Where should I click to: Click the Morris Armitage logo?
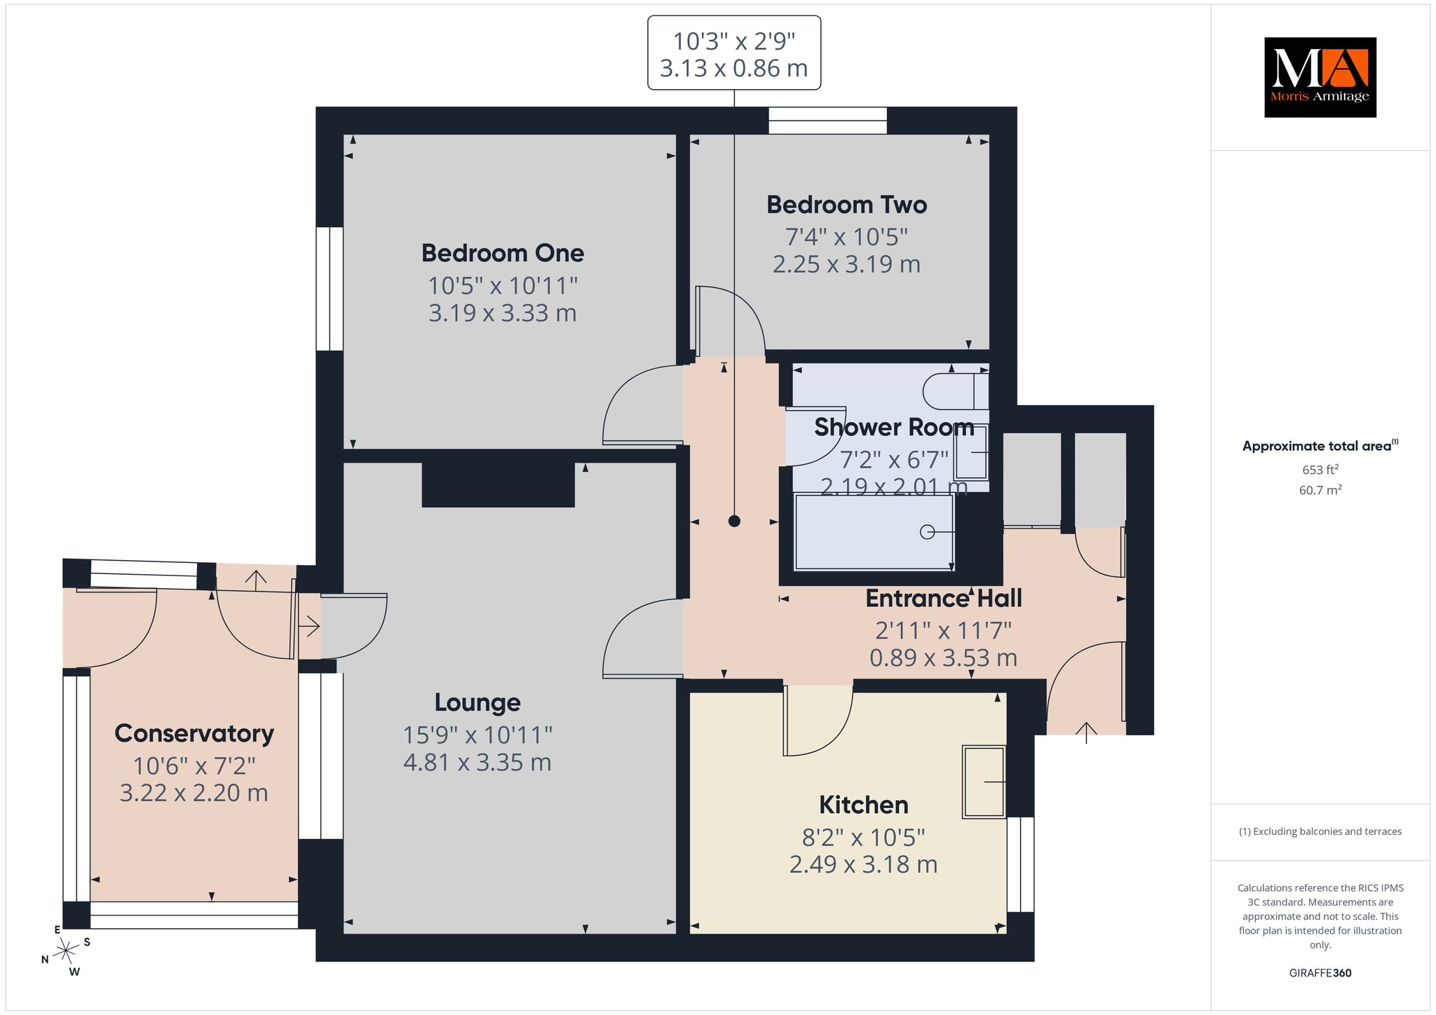[1320, 77]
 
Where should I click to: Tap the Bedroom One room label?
[503, 253]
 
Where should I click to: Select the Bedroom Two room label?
[846, 205]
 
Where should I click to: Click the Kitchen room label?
[863, 805]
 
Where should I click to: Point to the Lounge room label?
[477, 702]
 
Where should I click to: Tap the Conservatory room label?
[194, 733]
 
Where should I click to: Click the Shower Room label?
[894, 427]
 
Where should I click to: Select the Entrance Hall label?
[943, 599]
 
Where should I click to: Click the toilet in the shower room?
[956, 391]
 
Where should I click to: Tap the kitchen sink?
[984, 782]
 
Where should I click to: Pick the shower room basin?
[971, 452]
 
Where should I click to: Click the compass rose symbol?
[66, 951]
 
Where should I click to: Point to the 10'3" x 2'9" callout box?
[734, 53]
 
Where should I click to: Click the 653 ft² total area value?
[1320, 469]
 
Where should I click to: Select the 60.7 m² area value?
[1320, 489]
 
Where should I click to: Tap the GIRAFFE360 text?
[1320, 973]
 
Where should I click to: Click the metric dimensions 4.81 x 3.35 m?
[477, 763]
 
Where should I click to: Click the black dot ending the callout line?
[734, 521]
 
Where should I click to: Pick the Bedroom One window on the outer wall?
[330, 289]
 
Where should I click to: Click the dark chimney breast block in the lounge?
[499, 484]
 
